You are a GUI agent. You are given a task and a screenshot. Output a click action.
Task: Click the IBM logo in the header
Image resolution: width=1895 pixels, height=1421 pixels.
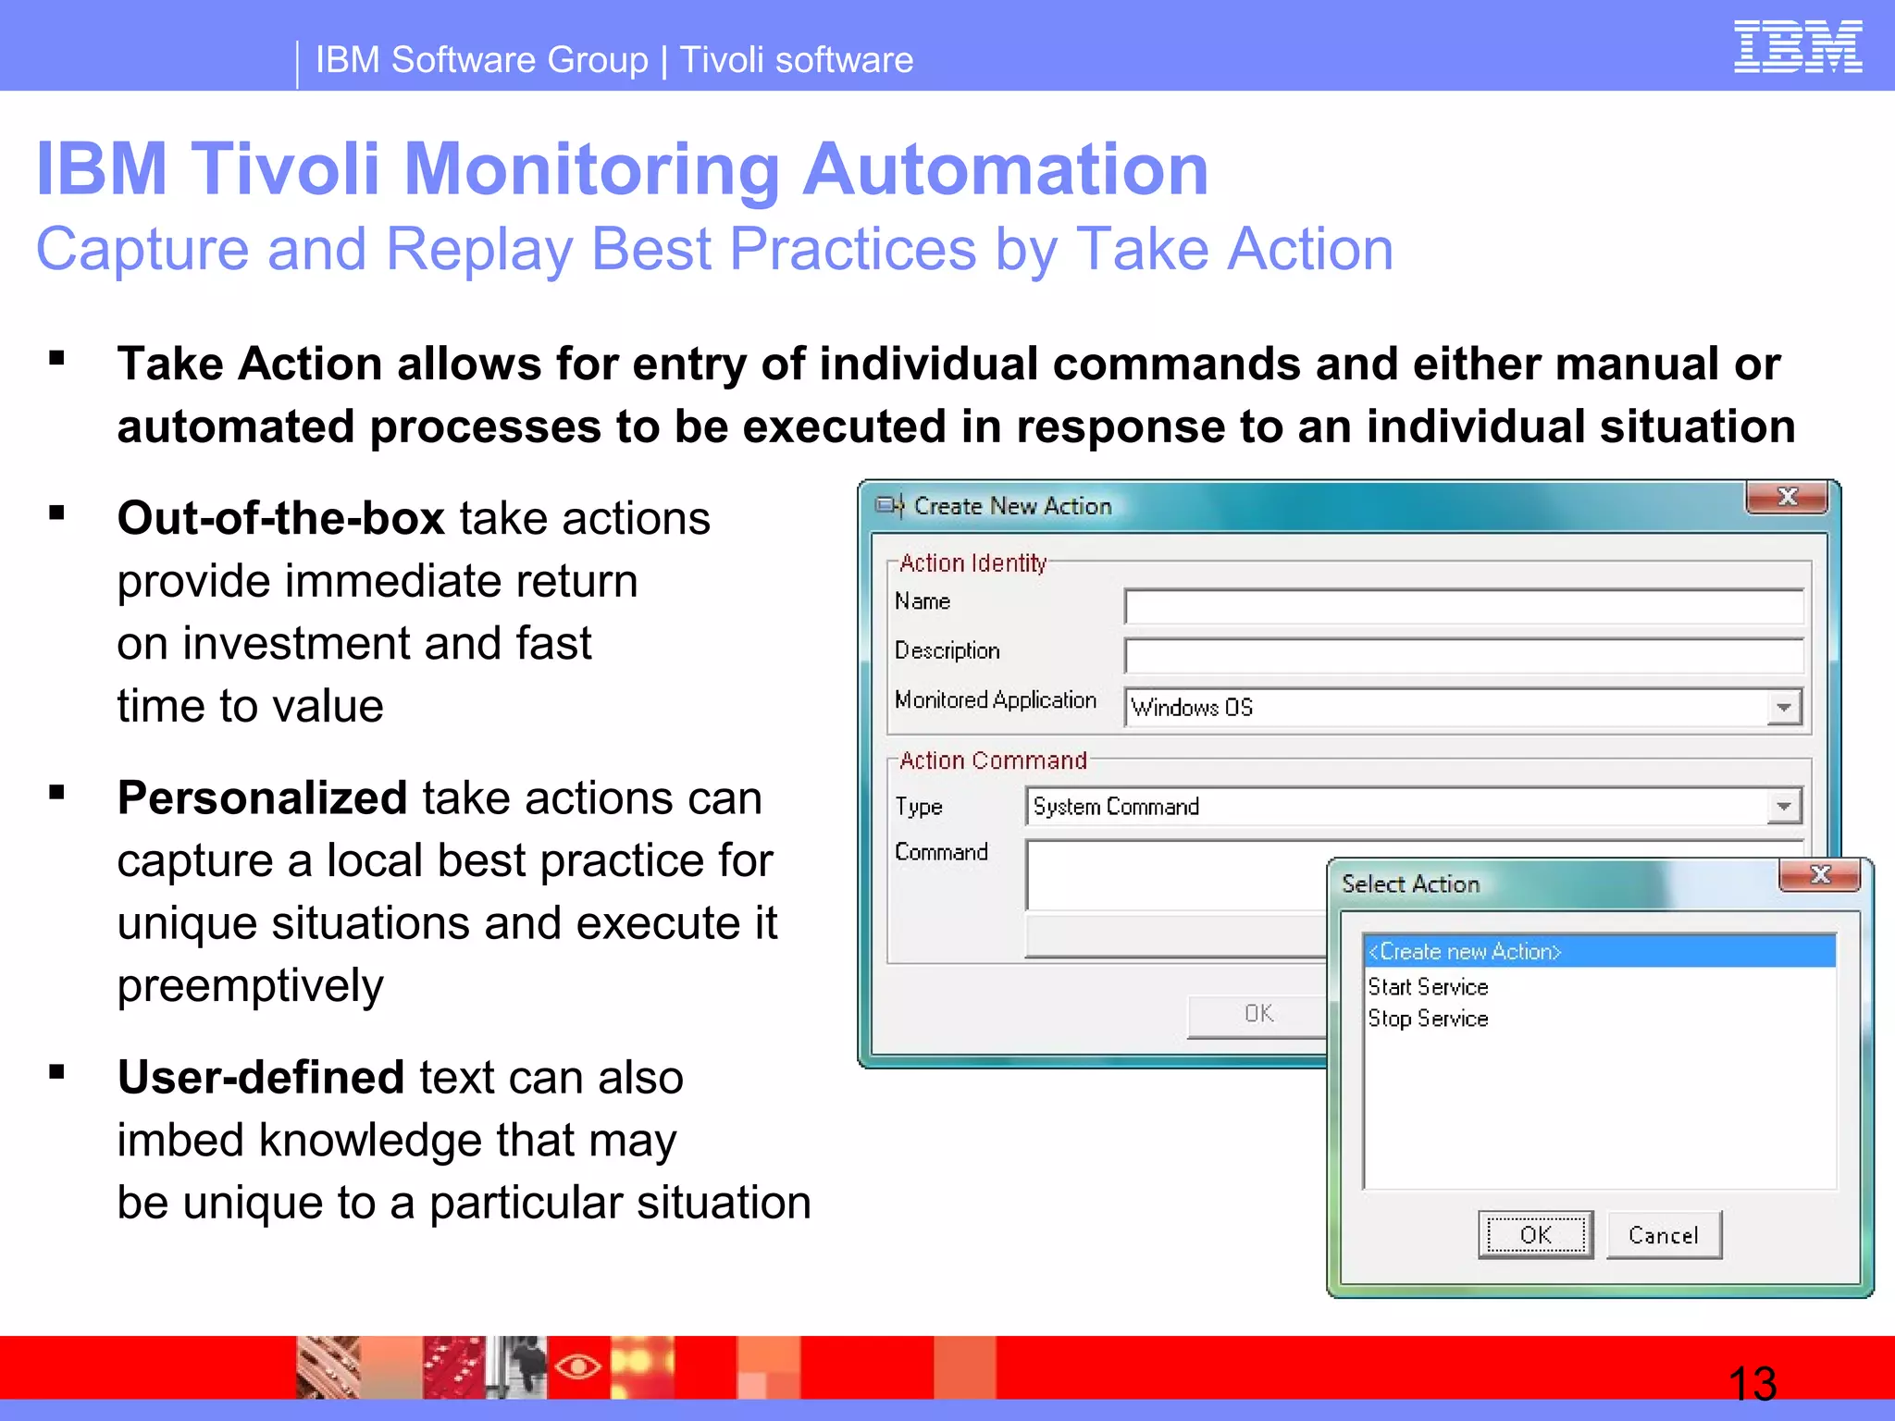click(1797, 47)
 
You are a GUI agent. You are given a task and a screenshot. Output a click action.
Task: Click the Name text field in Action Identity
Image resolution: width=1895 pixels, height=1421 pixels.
click(1463, 607)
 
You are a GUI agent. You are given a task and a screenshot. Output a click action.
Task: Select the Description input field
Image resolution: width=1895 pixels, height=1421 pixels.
click(1463, 656)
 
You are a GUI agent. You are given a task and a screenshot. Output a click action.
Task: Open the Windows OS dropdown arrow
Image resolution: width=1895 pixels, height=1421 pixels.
click(1783, 708)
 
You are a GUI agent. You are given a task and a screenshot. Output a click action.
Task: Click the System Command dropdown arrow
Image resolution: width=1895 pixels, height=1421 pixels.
click(1783, 807)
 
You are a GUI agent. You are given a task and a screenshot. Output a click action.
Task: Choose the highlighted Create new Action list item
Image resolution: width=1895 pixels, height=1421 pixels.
click(1598, 951)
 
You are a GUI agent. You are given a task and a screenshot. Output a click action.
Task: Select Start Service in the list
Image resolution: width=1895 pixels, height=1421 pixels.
click(1428, 987)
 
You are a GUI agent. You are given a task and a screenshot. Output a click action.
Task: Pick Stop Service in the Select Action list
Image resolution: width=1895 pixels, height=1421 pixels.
click(1428, 1019)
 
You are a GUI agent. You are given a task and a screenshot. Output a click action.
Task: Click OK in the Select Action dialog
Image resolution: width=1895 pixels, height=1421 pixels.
click(1535, 1235)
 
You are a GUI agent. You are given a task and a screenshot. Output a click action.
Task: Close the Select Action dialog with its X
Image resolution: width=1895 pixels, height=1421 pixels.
click(1819, 875)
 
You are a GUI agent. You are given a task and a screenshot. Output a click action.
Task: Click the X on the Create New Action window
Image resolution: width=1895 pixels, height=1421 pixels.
click(1787, 498)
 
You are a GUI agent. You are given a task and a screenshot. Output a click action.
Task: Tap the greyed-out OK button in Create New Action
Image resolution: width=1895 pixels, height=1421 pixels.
click(1258, 1015)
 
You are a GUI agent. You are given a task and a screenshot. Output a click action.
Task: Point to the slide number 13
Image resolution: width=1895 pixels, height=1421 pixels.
click(1752, 1384)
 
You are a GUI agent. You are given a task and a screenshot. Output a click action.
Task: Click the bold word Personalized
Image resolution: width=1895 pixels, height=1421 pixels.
click(262, 798)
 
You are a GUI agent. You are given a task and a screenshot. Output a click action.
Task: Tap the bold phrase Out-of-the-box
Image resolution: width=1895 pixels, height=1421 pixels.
click(281, 518)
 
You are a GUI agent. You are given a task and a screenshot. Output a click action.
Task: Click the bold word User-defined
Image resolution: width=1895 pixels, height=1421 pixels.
click(261, 1078)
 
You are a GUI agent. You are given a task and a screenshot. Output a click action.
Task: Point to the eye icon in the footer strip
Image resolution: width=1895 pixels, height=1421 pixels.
click(578, 1366)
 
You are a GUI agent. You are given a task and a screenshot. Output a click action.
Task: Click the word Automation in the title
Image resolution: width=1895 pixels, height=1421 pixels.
click(1005, 169)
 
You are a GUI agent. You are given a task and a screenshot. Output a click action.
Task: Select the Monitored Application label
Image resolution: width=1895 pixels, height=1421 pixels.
click(995, 700)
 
